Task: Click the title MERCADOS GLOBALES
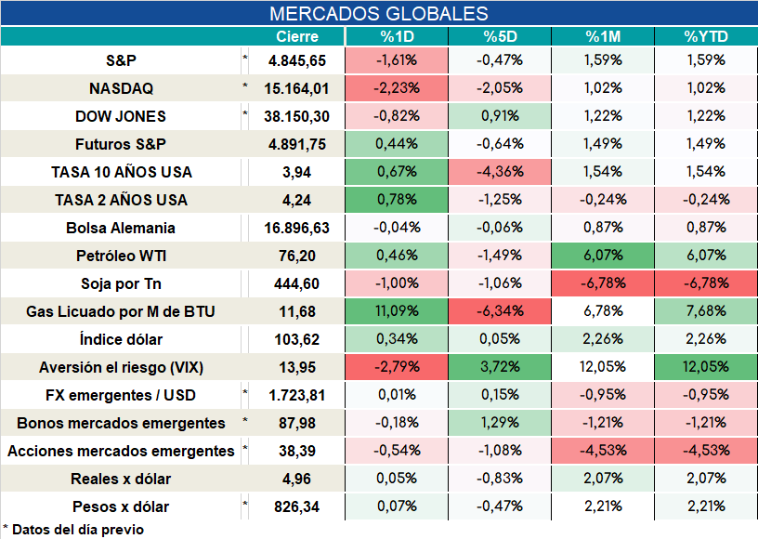(378, 14)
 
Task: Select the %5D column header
(500, 37)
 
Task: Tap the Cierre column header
(297, 37)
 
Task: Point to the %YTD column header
(706, 37)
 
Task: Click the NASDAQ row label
(121, 88)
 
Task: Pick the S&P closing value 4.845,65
(297, 60)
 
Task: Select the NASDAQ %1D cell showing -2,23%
(397, 88)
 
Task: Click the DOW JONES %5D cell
(500, 116)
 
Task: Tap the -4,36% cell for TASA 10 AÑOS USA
(500, 172)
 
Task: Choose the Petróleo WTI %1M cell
(603, 256)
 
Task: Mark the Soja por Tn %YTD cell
(706, 283)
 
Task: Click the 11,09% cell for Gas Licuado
(397, 310)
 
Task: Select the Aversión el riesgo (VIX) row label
(121, 367)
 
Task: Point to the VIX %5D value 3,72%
(500, 367)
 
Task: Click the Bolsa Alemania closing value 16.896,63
(297, 228)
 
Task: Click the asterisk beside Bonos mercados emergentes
(245, 420)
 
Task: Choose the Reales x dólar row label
(121, 479)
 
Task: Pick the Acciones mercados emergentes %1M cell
(603, 451)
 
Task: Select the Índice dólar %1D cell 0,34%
(397, 339)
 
